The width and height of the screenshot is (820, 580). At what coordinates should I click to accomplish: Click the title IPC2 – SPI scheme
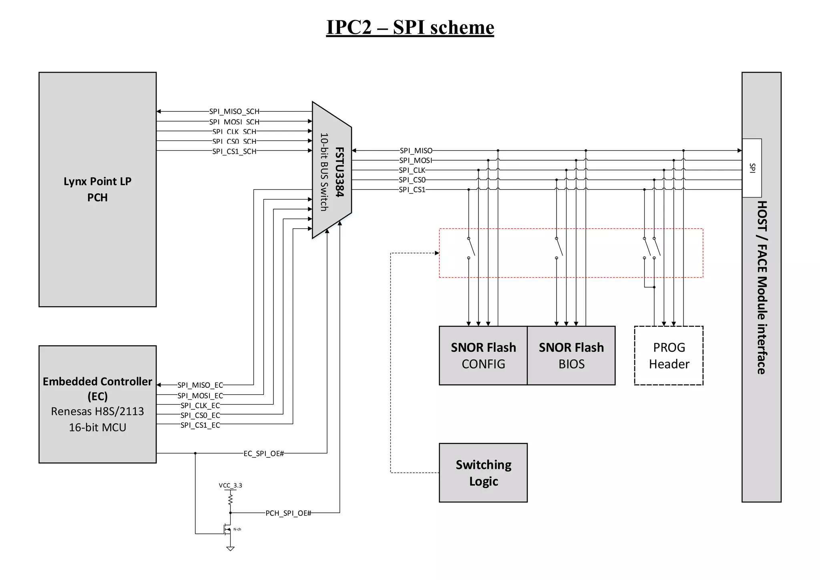pyautogui.click(x=410, y=28)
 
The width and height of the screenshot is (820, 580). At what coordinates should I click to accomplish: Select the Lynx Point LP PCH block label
pyautogui.click(x=97, y=189)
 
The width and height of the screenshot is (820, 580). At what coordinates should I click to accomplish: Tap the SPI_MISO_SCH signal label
pyautogui.click(x=234, y=111)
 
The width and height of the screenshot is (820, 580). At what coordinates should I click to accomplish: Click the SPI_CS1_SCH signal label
pyautogui.click(x=234, y=151)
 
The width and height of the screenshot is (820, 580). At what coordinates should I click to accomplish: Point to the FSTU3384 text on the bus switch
pyautogui.click(x=340, y=172)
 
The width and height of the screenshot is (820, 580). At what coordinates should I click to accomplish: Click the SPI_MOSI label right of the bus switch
pyautogui.click(x=416, y=160)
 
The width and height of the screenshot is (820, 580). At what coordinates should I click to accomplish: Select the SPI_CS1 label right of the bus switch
pyautogui.click(x=412, y=189)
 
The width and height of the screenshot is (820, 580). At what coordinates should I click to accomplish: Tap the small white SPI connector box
pyautogui.click(x=752, y=168)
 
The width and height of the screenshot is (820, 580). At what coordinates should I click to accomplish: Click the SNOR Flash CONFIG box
pyautogui.click(x=483, y=355)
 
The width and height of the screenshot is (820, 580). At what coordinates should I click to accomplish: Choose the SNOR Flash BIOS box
pyautogui.click(x=571, y=355)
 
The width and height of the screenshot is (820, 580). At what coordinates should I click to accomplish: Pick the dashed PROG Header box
pyautogui.click(x=669, y=355)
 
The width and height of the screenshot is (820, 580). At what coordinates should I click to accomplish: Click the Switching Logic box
pyautogui.click(x=483, y=472)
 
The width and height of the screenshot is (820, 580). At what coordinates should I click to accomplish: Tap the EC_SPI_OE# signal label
pyautogui.click(x=263, y=453)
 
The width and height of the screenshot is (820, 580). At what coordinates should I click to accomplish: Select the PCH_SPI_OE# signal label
pyautogui.click(x=288, y=513)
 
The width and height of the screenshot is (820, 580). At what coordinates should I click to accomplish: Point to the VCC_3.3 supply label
pyautogui.click(x=230, y=485)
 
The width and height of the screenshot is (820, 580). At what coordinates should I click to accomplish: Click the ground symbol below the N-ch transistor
pyautogui.click(x=230, y=549)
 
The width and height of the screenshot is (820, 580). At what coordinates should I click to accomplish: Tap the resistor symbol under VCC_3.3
pyautogui.click(x=230, y=499)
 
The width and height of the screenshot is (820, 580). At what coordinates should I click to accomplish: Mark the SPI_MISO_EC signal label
pyautogui.click(x=200, y=385)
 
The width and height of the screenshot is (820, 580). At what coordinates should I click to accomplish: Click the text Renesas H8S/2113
pyautogui.click(x=97, y=411)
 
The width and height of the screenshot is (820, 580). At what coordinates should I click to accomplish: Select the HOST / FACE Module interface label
pyautogui.click(x=762, y=287)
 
